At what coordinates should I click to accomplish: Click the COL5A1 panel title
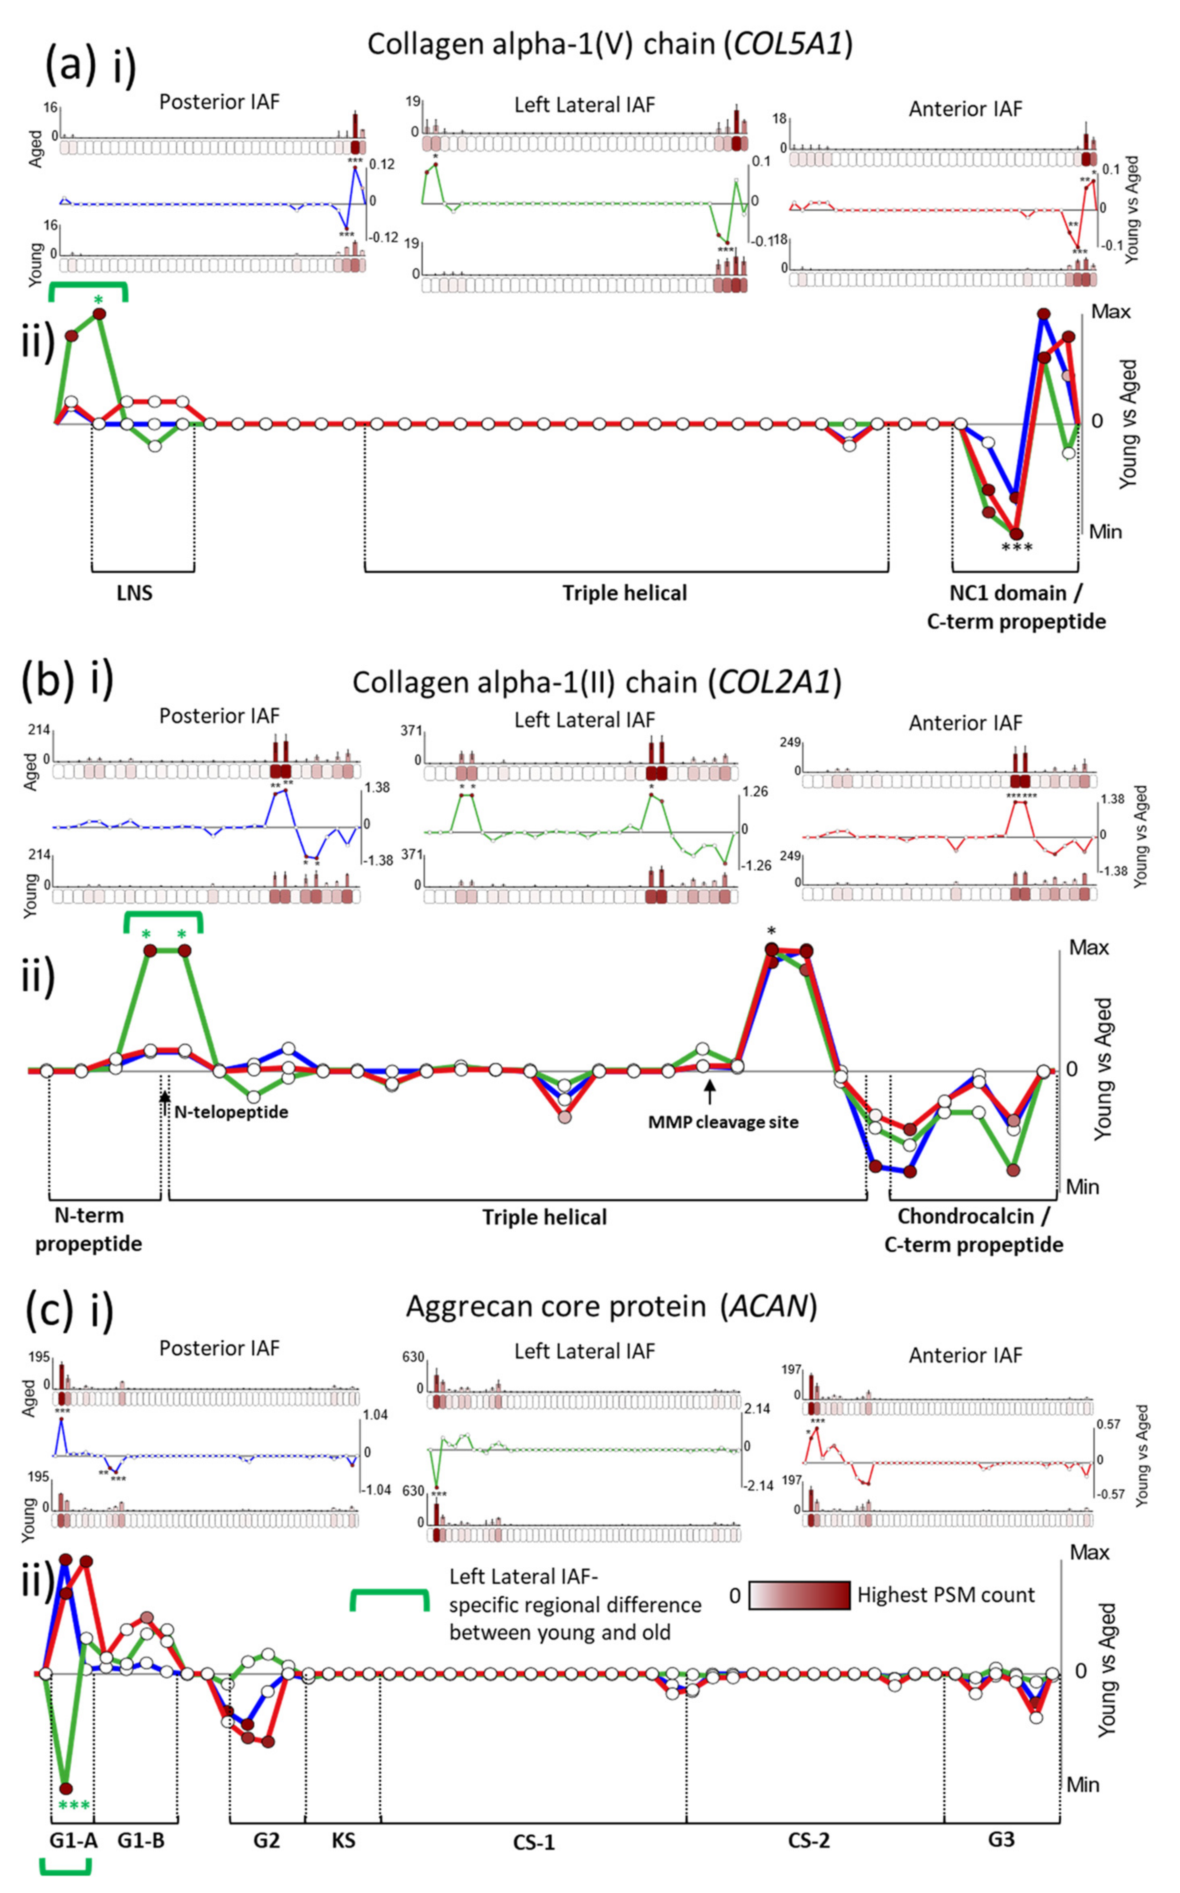(609, 44)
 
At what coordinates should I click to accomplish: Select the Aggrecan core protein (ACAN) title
(611, 1306)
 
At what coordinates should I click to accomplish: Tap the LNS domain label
(135, 593)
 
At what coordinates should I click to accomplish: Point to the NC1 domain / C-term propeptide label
(1016, 607)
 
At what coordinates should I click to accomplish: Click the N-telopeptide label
(231, 1112)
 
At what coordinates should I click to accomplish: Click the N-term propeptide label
(88, 1229)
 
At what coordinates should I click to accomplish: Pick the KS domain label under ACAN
(343, 1840)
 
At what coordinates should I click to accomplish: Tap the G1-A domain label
(73, 1840)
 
